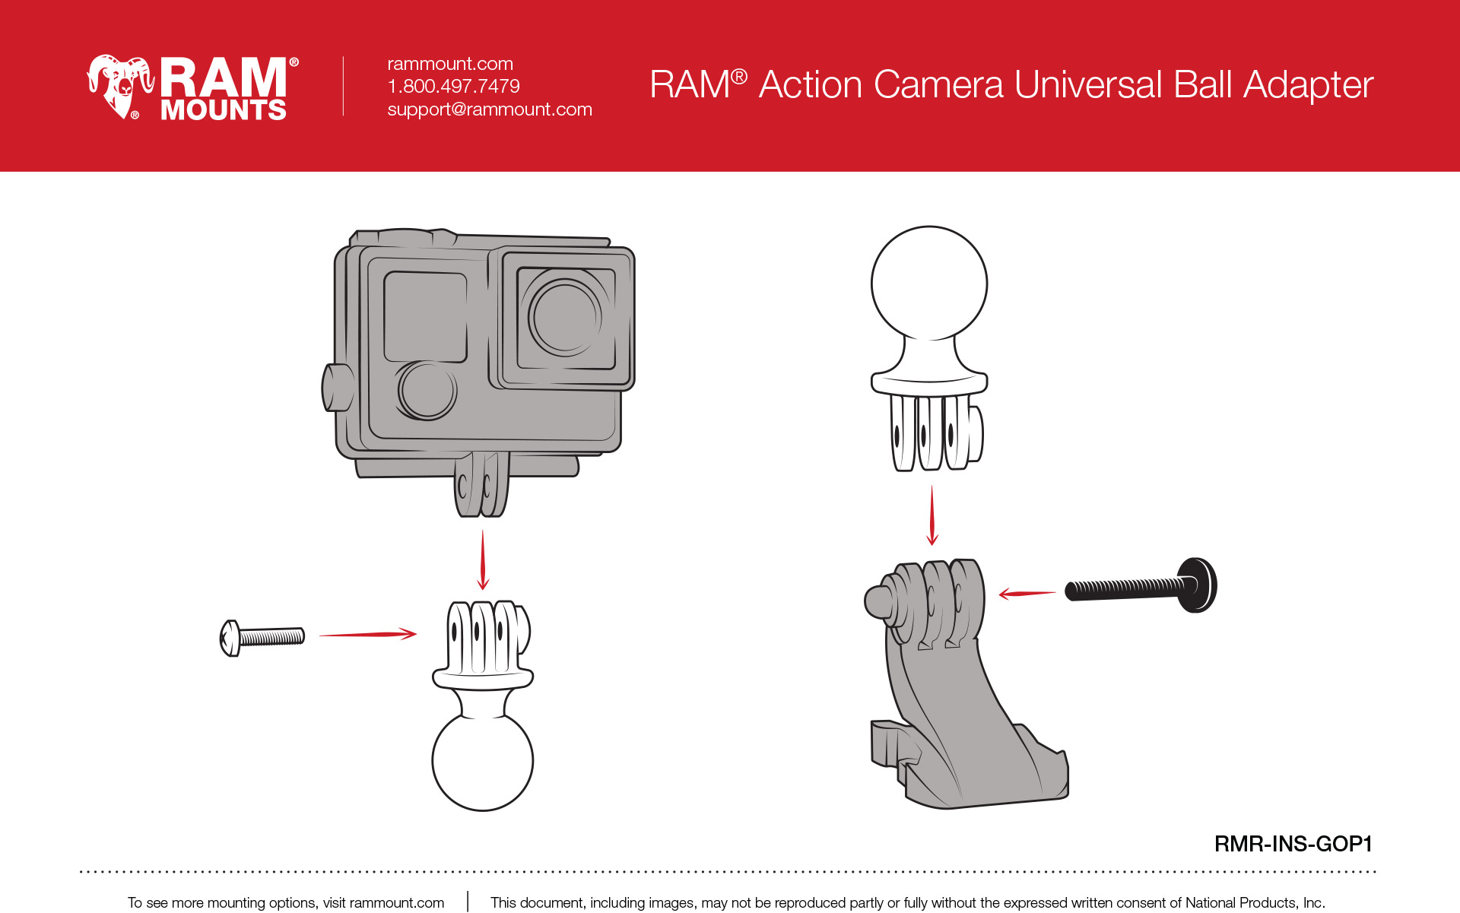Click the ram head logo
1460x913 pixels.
[119, 86]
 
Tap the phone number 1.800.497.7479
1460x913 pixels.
[453, 86]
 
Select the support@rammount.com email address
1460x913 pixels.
[490, 109]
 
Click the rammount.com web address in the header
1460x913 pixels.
[450, 64]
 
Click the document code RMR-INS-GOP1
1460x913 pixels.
[1293, 844]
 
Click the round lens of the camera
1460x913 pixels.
[565, 316]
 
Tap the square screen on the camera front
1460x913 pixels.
[425, 316]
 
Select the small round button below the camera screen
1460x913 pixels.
[427, 389]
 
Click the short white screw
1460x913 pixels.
[262, 637]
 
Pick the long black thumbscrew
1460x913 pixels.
[1141, 586]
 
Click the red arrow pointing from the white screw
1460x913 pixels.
[368, 633]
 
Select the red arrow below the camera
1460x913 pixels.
[483, 560]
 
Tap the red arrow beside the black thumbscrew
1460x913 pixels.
[1027, 594]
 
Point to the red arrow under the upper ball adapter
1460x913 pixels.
[932, 516]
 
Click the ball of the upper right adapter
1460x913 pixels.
[929, 284]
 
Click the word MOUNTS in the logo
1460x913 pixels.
[224, 110]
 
